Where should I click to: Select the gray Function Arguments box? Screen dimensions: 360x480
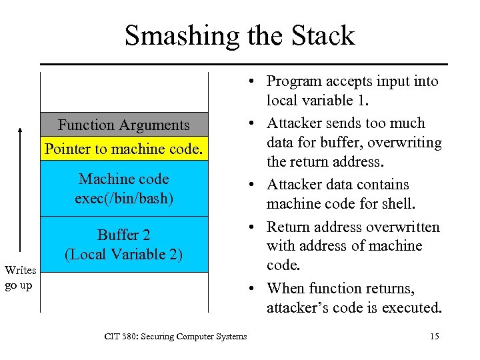click(x=123, y=125)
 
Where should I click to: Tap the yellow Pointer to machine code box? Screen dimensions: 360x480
click(x=123, y=149)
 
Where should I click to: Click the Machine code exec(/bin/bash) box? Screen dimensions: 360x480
click(x=123, y=189)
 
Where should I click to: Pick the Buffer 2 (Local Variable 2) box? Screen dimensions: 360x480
click(x=123, y=244)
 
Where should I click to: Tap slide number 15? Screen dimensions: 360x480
click(x=434, y=336)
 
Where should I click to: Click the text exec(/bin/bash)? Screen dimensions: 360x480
click(x=124, y=198)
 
